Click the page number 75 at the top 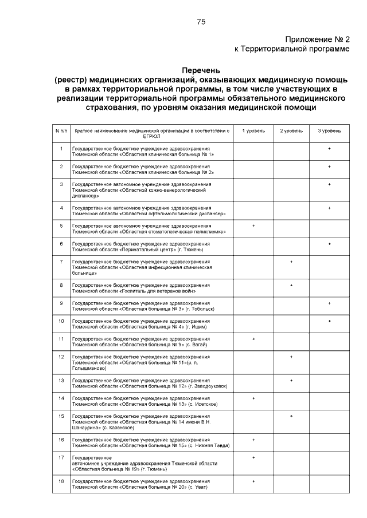click(x=201, y=22)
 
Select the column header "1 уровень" click(x=253, y=131)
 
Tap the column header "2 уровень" click(x=291, y=131)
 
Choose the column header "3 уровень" click(x=329, y=131)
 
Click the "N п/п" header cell click(x=61, y=131)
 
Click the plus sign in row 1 click(x=329, y=149)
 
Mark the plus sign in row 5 click(x=253, y=226)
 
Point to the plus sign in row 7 click(x=291, y=262)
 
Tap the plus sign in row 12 click(x=291, y=357)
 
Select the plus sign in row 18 click(x=253, y=481)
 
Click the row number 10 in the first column click(x=61, y=321)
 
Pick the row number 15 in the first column click(x=61, y=416)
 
